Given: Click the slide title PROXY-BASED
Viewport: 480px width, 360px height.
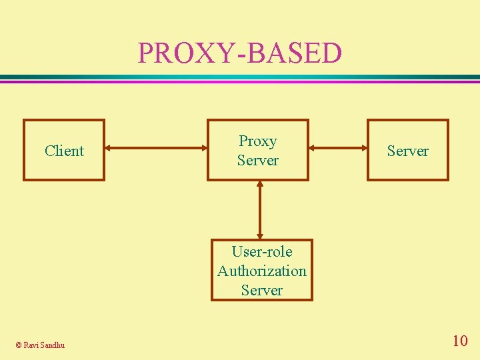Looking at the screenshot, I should [239, 53].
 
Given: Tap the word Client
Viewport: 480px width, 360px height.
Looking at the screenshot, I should [64, 151].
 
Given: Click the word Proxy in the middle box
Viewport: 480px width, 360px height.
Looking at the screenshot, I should [257, 141].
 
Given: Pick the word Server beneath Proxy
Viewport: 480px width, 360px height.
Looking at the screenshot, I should [257, 161].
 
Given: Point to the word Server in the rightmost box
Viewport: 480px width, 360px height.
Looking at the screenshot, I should [407, 151].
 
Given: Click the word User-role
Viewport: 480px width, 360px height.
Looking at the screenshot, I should [261, 251].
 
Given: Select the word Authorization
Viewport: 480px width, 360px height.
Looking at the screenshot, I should [261, 271].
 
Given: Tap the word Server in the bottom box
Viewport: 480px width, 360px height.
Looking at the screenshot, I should [261, 290].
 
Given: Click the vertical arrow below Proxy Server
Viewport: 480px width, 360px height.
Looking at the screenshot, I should [259, 209].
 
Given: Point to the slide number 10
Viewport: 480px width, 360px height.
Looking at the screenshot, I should [459, 341].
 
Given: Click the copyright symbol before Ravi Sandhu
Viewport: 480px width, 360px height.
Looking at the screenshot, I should [18, 345].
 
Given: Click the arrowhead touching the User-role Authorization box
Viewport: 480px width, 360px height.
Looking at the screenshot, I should [259, 235].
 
